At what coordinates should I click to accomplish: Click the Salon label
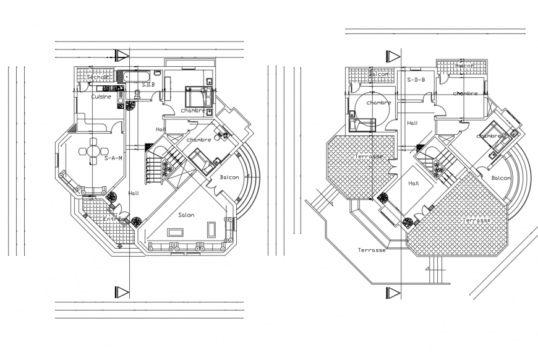(187, 215)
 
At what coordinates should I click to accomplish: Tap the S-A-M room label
(113, 158)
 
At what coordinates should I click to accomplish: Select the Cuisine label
(101, 97)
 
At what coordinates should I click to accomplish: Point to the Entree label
(113, 218)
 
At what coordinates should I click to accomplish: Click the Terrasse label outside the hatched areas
(372, 250)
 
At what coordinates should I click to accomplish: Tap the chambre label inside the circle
(378, 103)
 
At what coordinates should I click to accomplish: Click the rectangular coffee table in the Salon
(175, 232)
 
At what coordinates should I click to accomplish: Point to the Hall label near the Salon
(134, 192)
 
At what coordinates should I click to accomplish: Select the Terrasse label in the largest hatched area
(477, 220)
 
